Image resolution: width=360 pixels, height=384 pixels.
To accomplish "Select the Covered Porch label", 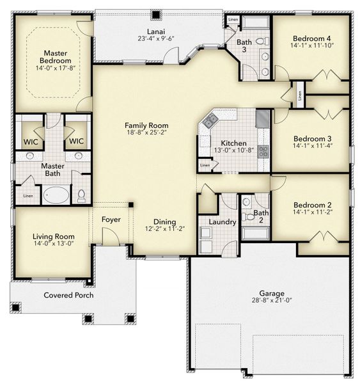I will click(68, 295).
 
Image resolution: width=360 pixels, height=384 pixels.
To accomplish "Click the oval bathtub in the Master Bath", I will click(55, 194).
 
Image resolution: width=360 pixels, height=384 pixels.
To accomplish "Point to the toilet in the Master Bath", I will click(81, 195).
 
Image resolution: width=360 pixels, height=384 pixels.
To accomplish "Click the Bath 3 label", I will click(244, 45).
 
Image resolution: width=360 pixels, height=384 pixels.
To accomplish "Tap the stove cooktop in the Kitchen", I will click(263, 151).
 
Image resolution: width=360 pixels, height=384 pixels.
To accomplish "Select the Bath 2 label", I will click(260, 216).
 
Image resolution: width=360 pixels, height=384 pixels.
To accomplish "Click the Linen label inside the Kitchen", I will click(205, 166).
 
